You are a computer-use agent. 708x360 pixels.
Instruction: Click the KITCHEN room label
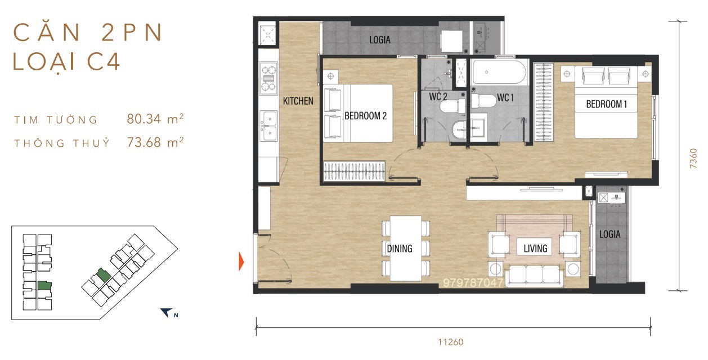(x=298, y=101)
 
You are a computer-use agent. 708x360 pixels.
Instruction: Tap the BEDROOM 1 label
(x=606, y=104)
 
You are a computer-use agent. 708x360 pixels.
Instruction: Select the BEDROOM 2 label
(x=365, y=116)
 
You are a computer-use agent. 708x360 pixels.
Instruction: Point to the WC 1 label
(x=505, y=98)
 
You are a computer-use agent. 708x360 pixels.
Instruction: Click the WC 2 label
(x=438, y=97)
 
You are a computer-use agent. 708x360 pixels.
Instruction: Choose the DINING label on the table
(x=400, y=249)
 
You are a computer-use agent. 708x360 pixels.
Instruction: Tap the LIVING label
(x=535, y=249)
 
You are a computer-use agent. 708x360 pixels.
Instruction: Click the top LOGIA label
(x=380, y=40)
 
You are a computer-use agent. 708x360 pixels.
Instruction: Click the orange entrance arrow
(x=241, y=262)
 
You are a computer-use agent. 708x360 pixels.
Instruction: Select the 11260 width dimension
(x=451, y=342)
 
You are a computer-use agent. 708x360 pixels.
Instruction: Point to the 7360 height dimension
(x=693, y=158)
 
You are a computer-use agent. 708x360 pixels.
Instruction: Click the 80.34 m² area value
(x=155, y=119)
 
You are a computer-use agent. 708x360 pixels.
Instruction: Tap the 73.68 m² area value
(x=155, y=142)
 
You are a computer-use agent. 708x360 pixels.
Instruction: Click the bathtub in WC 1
(x=499, y=72)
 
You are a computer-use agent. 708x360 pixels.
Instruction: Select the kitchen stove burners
(x=268, y=78)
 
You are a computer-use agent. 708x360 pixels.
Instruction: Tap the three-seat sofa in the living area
(x=535, y=276)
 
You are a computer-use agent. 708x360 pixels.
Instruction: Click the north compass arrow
(x=166, y=312)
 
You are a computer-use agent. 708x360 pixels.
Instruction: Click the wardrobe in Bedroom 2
(x=355, y=171)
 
